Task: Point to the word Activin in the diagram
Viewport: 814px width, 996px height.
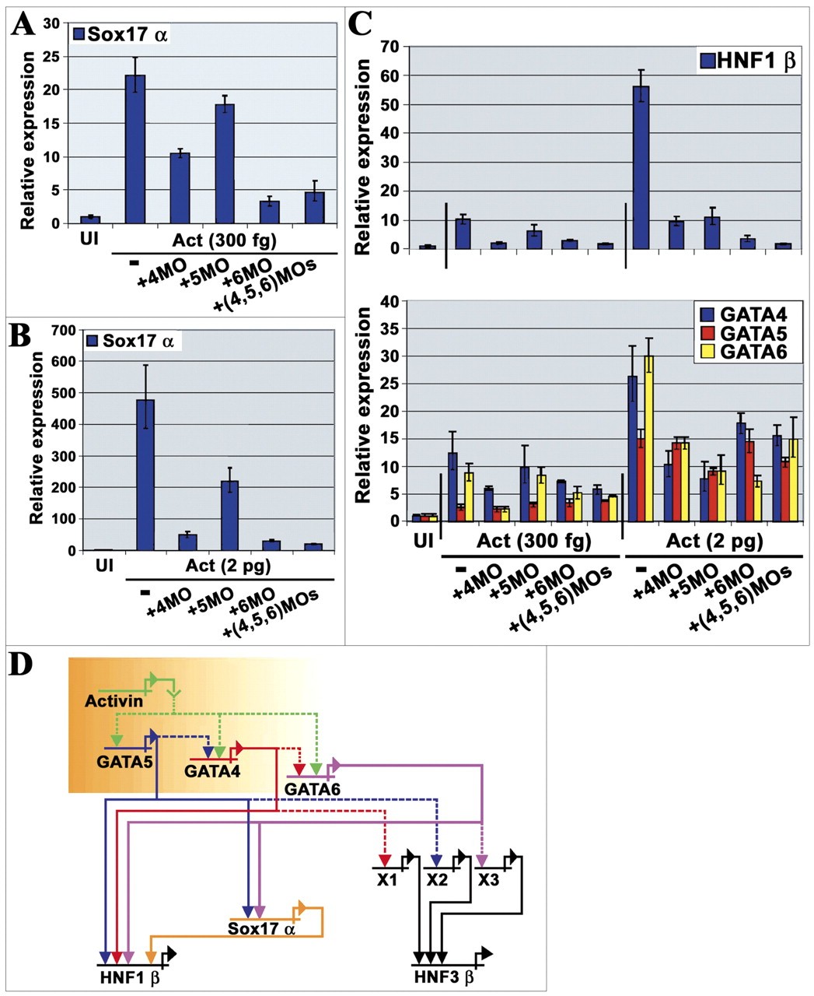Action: click(114, 701)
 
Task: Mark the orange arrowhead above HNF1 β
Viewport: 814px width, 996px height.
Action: click(151, 956)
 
